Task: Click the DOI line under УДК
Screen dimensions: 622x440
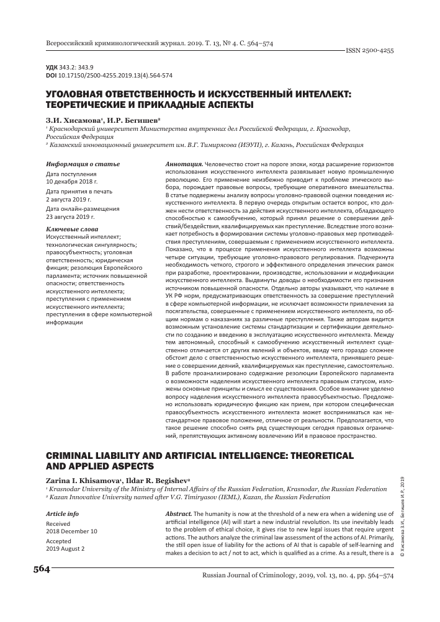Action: coord(105,76)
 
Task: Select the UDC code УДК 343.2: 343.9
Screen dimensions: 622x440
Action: coord(70,68)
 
